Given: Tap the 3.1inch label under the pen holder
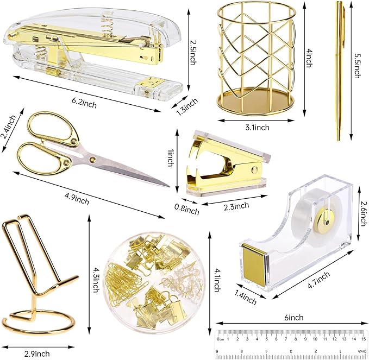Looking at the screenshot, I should click(254, 127).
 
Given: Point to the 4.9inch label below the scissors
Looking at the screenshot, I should click(76, 200).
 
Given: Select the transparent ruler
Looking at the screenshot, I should click(292, 342).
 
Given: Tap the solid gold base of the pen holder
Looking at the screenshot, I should click(254, 100).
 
